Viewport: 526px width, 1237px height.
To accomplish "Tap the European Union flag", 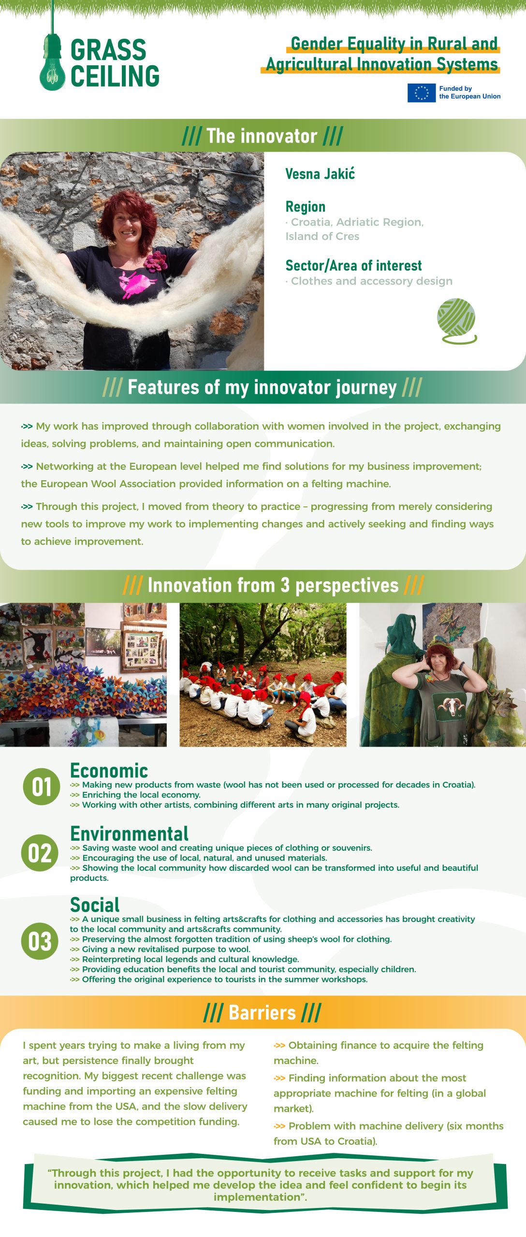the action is (421, 93).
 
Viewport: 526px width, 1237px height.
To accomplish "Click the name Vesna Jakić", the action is (320, 174).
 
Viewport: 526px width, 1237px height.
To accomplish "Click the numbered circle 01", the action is (42, 787).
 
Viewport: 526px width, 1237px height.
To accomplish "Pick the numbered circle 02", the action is (40, 853).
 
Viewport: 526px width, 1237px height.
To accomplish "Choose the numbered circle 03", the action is (40, 941).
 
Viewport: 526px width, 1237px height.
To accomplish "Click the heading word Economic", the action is (109, 770).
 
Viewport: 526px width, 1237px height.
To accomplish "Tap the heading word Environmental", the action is (129, 834).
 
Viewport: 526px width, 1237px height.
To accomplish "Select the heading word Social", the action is (95, 905).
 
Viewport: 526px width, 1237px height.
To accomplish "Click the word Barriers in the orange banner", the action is (262, 1012).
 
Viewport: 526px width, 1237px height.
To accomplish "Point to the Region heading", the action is (305, 207).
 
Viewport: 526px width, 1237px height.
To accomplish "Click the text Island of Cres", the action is (322, 236).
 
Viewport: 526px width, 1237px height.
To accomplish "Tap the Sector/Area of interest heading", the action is (353, 265).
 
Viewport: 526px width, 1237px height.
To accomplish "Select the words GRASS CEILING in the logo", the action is (115, 63).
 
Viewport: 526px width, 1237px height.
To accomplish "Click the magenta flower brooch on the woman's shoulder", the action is (155, 260).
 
